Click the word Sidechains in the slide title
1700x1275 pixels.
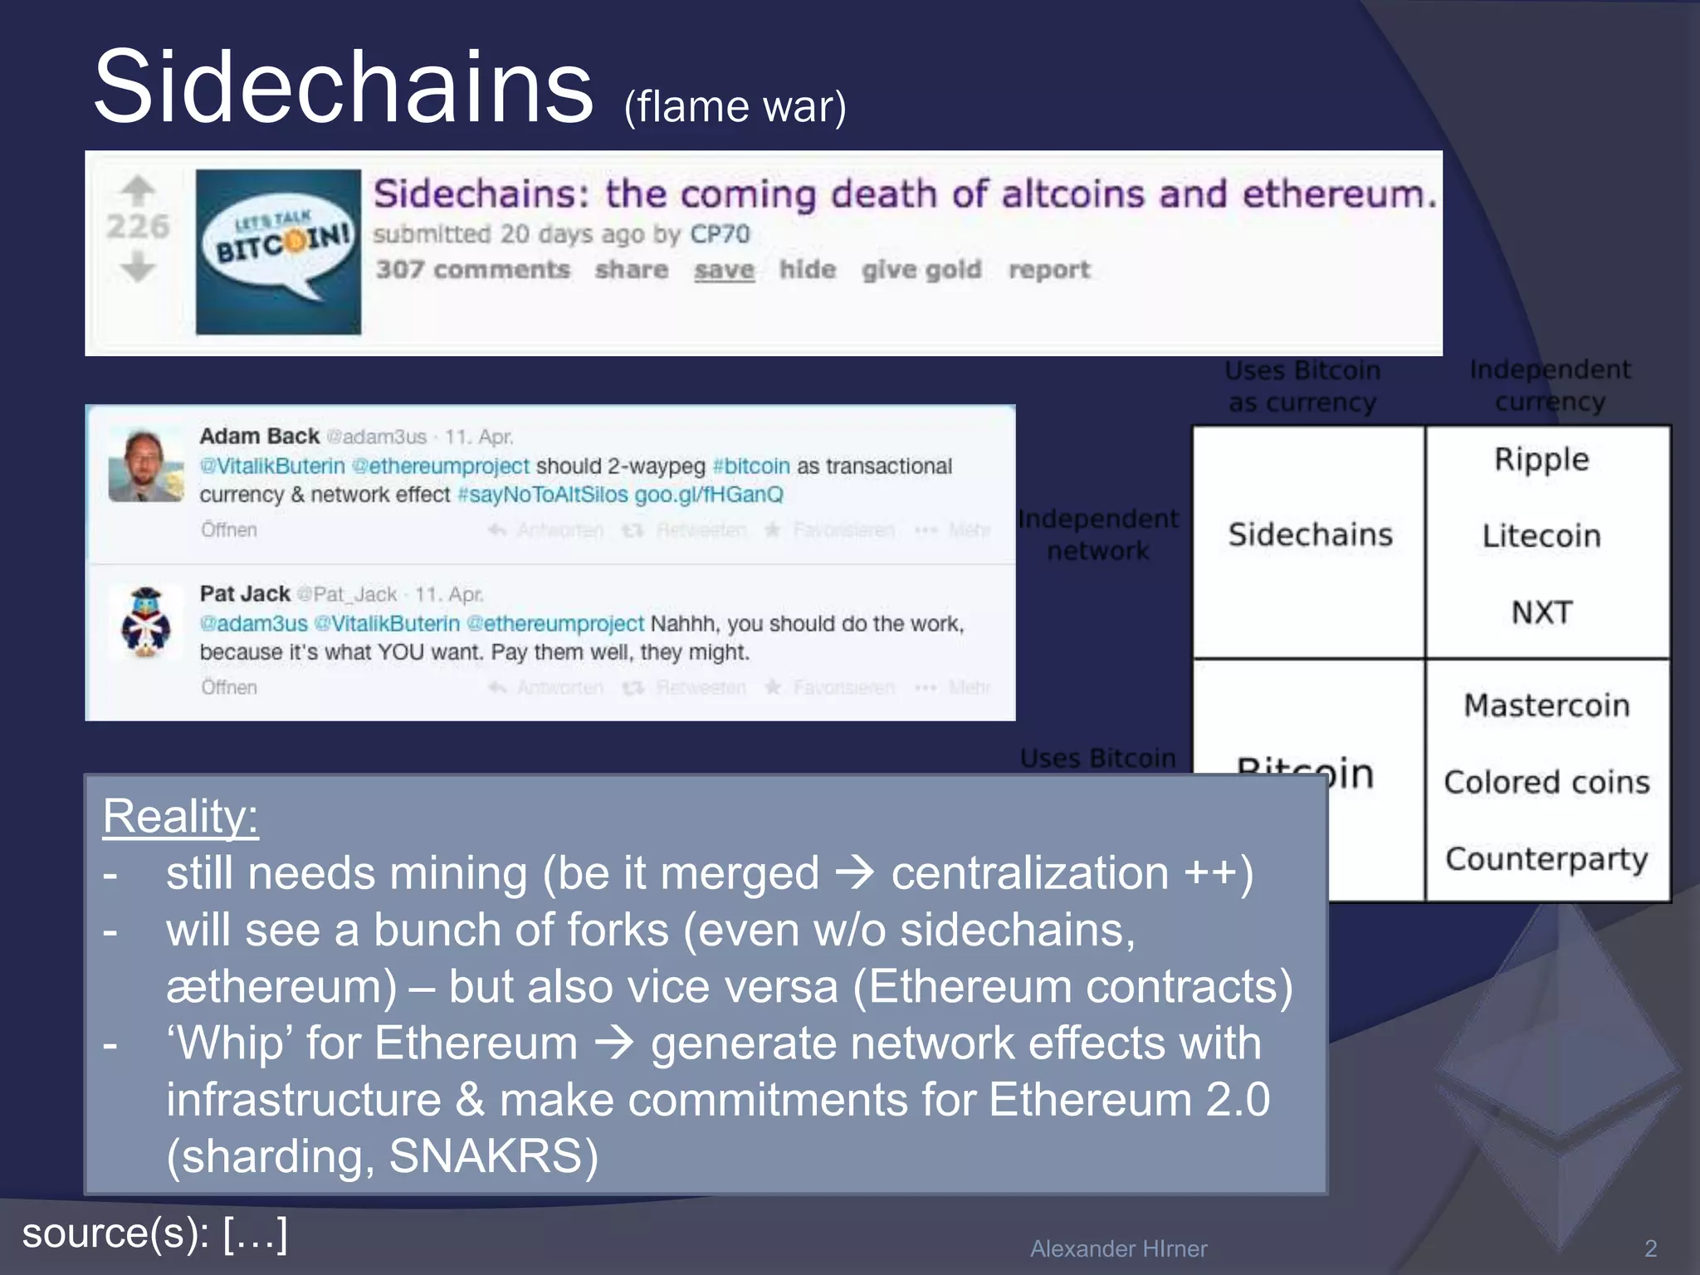pos(344,88)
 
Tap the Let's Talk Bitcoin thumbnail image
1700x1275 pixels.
pos(278,252)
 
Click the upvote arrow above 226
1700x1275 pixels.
pos(138,190)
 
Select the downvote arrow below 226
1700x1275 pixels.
pos(138,267)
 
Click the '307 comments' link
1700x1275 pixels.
pos(472,270)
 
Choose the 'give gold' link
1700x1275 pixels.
pos(921,270)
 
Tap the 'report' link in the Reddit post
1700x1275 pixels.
pos(1048,270)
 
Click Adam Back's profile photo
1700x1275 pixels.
pos(146,466)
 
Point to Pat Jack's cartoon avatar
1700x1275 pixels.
pos(146,623)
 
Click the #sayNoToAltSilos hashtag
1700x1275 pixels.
pos(543,495)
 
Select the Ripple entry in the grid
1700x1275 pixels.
pos(1541,459)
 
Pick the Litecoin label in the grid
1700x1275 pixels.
pos(1541,535)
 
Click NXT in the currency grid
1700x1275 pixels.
pos(1541,613)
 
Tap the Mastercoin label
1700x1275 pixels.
pos(1546,706)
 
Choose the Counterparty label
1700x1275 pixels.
pos(1546,859)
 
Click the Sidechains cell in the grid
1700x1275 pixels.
pos(1310,535)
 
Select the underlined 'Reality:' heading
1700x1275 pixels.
pos(180,816)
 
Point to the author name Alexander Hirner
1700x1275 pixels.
pos(1118,1248)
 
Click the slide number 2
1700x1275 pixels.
pos(1650,1248)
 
